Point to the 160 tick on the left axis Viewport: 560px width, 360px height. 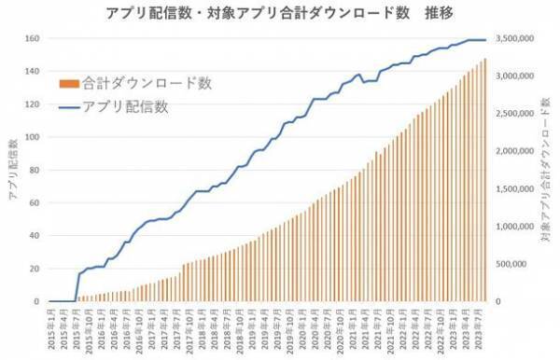pos(31,39)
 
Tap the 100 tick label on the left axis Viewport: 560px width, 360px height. pos(31,137)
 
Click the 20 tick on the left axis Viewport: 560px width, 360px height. pos(34,269)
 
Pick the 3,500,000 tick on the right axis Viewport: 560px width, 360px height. pos(514,39)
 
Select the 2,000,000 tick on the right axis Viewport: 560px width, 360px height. pos(514,151)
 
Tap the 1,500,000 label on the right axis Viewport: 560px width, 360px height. pos(514,189)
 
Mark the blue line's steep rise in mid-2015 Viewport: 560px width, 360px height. pos(77,285)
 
